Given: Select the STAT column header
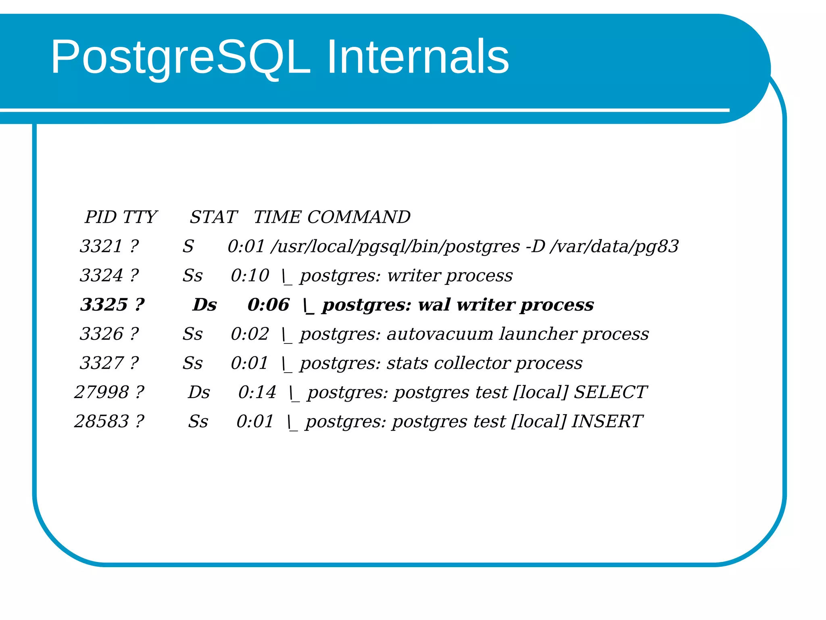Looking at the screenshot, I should (213, 217).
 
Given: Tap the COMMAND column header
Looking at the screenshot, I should (359, 217).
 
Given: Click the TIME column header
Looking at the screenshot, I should (277, 217).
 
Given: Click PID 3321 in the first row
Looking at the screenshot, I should (101, 246).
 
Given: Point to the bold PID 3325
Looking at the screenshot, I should (104, 305).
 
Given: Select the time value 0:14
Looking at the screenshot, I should (257, 392).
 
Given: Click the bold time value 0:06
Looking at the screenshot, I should (268, 305).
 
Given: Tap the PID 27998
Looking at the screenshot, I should (101, 392).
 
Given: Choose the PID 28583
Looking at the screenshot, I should (101, 421).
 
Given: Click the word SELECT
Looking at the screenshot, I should (610, 392).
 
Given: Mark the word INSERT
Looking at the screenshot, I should (607, 421).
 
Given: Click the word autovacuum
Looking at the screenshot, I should (440, 334).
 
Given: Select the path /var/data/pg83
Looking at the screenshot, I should (614, 246).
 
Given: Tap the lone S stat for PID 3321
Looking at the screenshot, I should (188, 246).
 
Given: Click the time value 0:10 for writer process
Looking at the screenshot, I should (250, 276).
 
